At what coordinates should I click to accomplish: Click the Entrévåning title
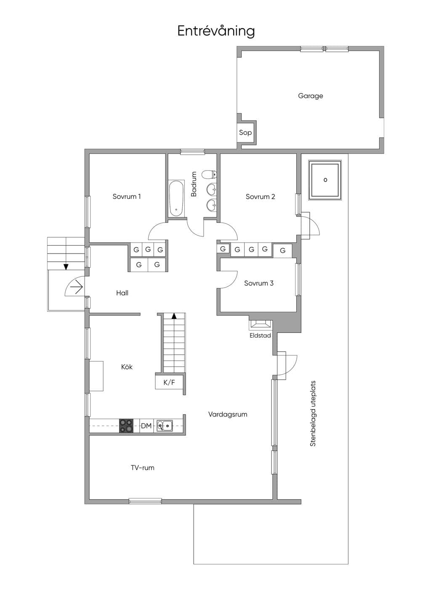[x=216, y=31]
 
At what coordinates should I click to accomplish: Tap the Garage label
[x=311, y=96]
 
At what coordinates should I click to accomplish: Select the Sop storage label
[x=245, y=133]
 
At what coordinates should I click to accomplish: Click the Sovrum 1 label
[x=127, y=196]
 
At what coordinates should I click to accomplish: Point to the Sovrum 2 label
[x=261, y=196]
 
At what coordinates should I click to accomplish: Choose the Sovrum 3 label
[x=259, y=283]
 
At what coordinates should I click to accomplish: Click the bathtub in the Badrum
[x=176, y=198]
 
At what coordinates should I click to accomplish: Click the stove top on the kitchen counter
[x=126, y=425]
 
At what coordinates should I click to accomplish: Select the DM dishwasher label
[x=146, y=425]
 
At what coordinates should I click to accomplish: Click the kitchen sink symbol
[x=164, y=425]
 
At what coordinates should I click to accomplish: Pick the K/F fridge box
[x=169, y=383]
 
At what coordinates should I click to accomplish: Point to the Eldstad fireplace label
[x=260, y=335]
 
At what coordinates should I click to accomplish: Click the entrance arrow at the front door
[x=77, y=287]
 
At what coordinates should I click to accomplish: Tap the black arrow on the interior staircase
[x=174, y=316]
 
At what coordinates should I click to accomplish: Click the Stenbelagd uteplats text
[x=313, y=413]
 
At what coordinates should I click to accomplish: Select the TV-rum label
[x=143, y=468]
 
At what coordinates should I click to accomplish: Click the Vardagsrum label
[x=228, y=415]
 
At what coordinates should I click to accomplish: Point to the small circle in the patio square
[x=325, y=180]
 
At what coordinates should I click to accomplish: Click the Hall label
[x=122, y=293]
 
